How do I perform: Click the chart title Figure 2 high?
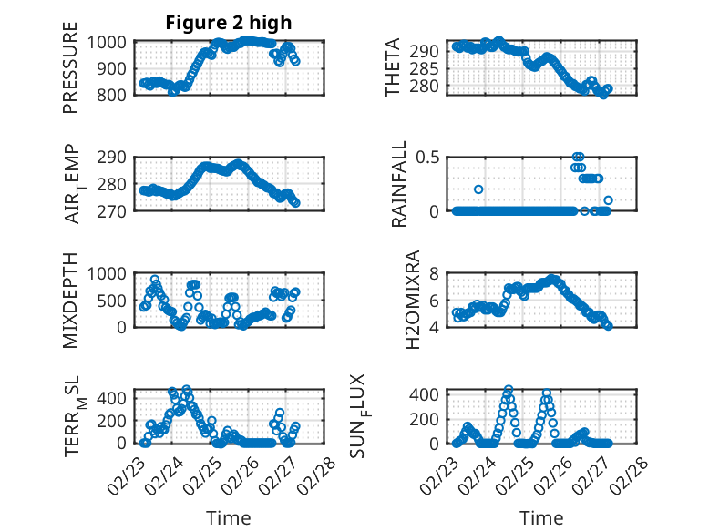(229, 23)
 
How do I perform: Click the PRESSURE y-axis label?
(71, 75)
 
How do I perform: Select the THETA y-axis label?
(394, 67)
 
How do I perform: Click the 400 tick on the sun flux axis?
(429, 394)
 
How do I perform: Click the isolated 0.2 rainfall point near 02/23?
(478, 189)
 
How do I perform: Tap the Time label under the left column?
(229, 518)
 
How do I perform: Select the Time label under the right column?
(541, 518)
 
